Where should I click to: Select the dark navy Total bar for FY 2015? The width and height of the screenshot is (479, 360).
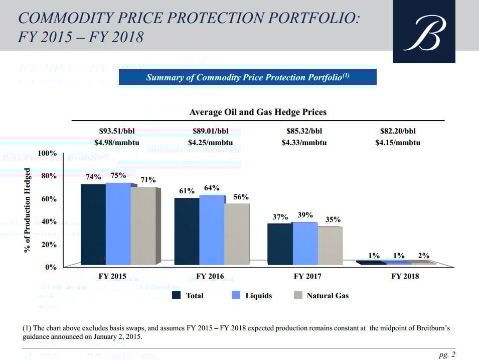click(93, 224)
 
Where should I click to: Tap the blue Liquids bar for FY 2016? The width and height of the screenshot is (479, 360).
click(212, 229)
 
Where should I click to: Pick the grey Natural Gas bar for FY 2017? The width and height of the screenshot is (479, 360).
click(330, 245)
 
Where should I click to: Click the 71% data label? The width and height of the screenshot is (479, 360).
click(148, 180)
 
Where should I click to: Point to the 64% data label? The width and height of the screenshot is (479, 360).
click(212, 188)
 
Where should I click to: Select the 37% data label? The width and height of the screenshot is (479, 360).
click(280, 217)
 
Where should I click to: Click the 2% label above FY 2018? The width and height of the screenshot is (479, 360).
click(424, 255)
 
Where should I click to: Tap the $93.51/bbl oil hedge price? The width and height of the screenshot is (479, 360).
click(117, 132)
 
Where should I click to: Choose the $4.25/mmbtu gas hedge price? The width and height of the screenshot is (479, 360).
click(210, 143)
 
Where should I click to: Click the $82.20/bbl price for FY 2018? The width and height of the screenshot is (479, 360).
click(398, 132)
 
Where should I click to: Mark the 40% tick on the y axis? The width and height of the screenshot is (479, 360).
click(50, 221)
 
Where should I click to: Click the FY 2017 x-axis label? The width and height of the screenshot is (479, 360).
click(307, 276)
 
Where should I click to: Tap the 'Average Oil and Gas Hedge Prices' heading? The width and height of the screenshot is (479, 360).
click(258, 112)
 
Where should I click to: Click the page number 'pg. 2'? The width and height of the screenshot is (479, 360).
click(447, 355)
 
